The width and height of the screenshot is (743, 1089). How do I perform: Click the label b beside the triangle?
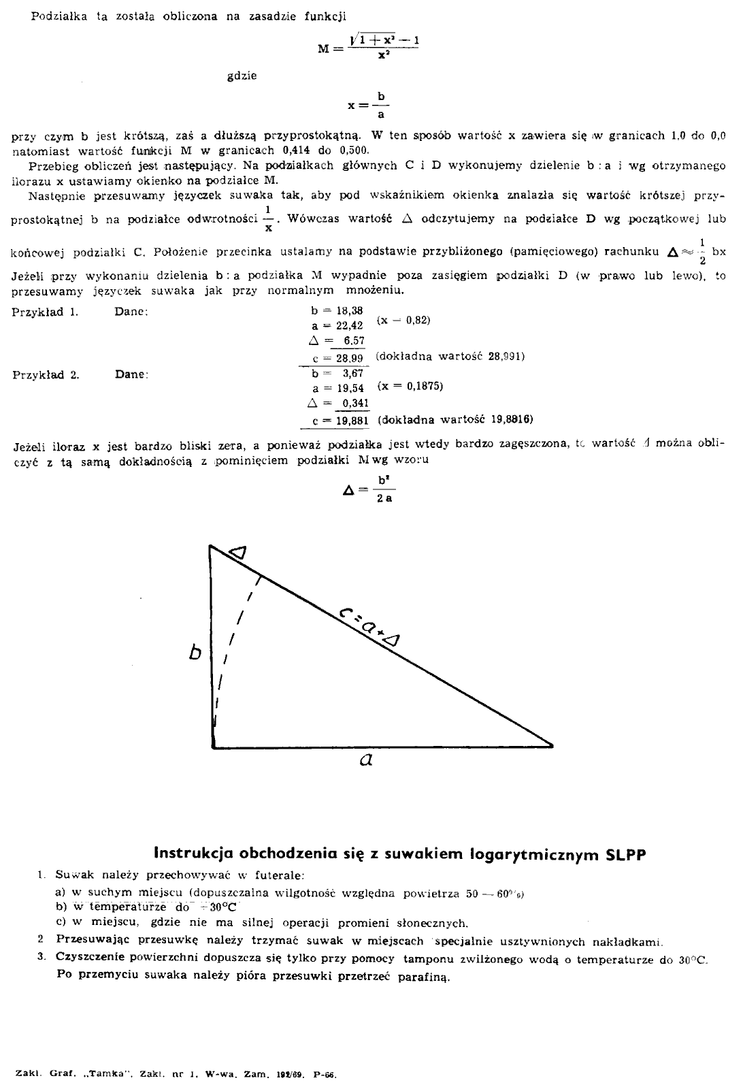coord(196,653)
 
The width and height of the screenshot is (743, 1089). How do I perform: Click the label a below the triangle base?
coord(366,761)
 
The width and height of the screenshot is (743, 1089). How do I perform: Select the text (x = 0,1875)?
coord(410,386)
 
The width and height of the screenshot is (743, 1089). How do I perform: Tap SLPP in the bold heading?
coord(625,853)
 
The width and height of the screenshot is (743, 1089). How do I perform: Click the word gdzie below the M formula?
coord(242,76)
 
